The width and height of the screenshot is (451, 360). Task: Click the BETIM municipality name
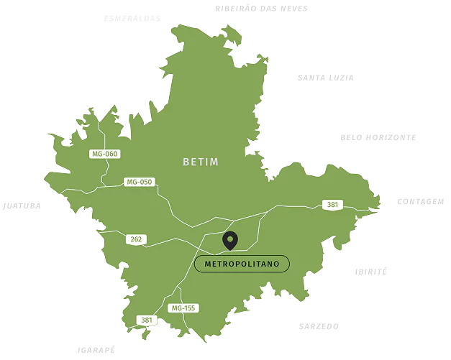pos(200,162)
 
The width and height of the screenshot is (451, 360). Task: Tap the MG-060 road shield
pos(104,154)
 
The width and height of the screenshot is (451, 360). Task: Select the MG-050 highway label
pos(139,182)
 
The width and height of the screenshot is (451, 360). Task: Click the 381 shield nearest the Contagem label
pos(332,204)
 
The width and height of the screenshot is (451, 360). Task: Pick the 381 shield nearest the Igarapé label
pos(146,320)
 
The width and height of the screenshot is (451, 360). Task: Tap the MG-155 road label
pos(183,308)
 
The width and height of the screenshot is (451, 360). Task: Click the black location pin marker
pos(230,241)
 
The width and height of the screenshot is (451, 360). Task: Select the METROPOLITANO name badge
pos(242,264)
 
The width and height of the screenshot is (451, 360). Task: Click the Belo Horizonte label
pos(379,137)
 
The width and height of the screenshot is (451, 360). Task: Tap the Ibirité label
pos(370,271)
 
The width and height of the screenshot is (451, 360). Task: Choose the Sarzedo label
pos(317,326)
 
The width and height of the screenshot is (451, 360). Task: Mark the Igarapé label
pos(94,350)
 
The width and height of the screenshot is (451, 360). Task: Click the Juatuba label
pos(21,206)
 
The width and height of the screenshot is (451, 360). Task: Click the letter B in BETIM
pos(186,162)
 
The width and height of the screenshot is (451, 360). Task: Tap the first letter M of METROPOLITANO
pos(209,264)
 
